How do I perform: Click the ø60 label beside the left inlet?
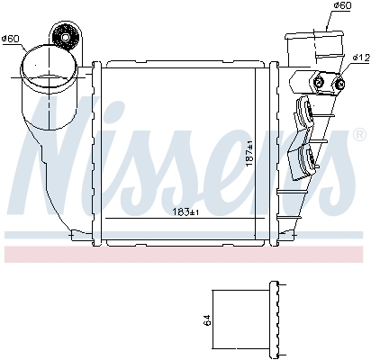(x=11, y=38)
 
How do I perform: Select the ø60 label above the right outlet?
(x=341, y=6)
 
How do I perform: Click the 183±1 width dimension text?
(x=183, y=211)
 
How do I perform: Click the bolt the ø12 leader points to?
(x=339, y=84)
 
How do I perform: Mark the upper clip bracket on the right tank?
(x=304, y=114)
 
